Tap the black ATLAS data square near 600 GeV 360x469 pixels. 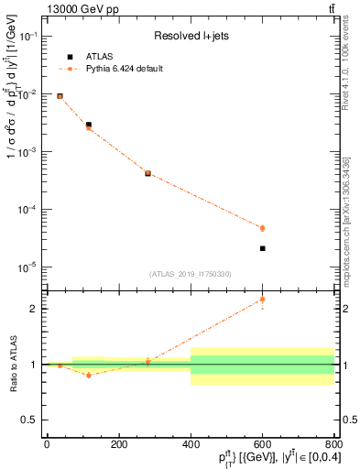pos(262,248)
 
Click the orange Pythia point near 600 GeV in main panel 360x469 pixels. pos(262,228)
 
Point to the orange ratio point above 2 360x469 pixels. pos(262,300)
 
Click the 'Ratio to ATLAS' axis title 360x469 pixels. pos(13,364)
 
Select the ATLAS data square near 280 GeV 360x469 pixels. pos(147,172)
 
